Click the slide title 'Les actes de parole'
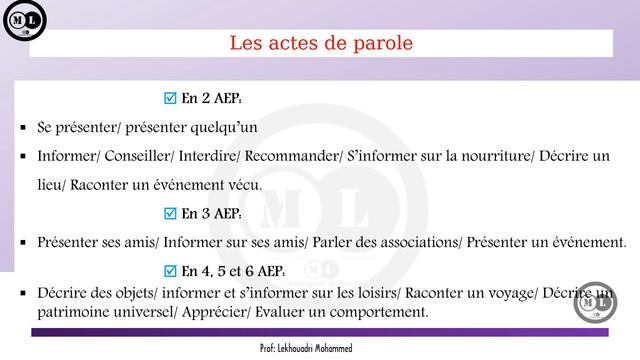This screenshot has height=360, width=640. pos(320,43)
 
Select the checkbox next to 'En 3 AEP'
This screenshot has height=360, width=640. pos(168,213)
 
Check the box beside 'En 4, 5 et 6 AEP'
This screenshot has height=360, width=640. pos(168,271)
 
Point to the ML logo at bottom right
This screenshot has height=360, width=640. pos(598,301)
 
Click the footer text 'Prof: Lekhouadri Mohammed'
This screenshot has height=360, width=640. pos(320,346)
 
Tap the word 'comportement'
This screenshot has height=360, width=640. pos(375,313)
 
